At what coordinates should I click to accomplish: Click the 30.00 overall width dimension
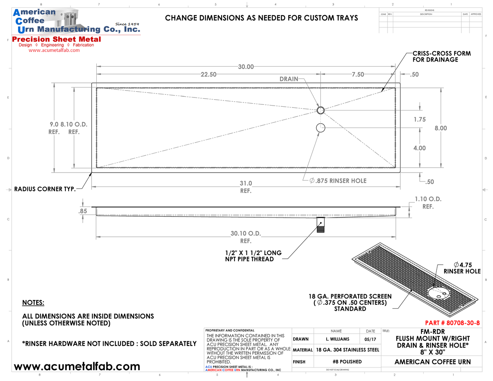point(246,67)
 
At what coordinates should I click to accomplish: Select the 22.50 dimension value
point(208,74)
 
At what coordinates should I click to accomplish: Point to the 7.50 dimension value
point(358,74)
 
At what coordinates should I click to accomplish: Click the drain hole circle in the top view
point(320,111)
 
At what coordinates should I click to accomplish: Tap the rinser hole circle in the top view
point(320,128)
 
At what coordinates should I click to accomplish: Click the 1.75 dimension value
point(419,119)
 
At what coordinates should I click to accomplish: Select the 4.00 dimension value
point(419,148)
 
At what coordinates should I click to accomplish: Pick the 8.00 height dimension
point(441,128)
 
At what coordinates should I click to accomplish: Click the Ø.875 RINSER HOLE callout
point(338,181)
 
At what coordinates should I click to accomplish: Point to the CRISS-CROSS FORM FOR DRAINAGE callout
point(441,57)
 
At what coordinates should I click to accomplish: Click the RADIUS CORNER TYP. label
point(45,189)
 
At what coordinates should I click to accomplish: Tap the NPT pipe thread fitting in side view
point(320,225)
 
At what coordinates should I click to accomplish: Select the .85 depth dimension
point(83,211)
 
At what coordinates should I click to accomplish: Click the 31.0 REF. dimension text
point(246,187)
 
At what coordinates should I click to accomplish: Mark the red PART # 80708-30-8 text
point(452,323)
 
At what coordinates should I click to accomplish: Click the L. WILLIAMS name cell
point(337,339)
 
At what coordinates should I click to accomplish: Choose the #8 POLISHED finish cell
point(347,362)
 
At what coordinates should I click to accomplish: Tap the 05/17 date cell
point(370,339)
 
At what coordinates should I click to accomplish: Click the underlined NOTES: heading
point(33,303)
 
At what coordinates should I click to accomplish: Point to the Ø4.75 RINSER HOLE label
point(462,268)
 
